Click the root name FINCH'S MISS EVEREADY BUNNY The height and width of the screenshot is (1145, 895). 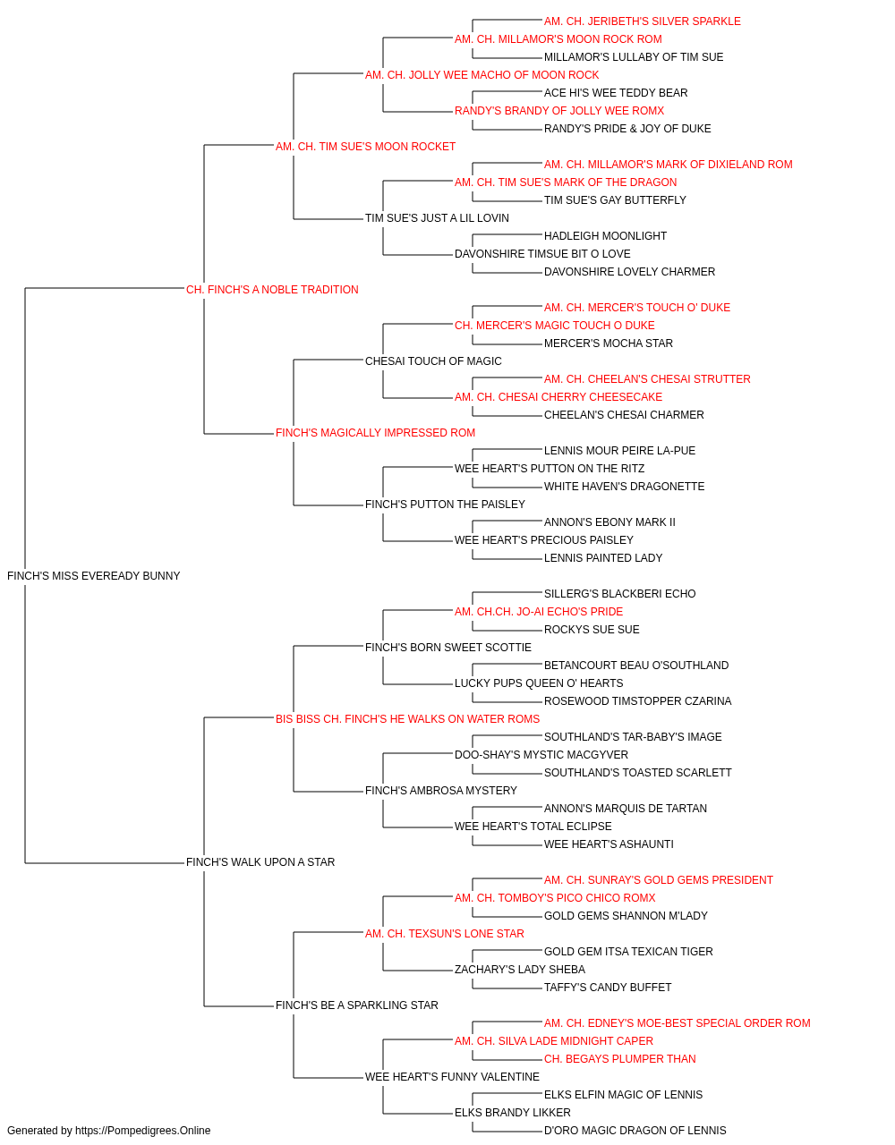93,576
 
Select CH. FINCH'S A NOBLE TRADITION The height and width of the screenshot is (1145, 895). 272,289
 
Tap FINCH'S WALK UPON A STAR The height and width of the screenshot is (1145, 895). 260,862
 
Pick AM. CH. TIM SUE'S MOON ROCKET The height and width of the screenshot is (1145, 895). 365,147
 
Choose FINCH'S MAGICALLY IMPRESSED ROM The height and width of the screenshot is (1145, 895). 375,433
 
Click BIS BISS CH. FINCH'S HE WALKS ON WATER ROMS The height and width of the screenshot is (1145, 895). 407,718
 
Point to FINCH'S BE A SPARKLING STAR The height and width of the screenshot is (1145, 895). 357,1005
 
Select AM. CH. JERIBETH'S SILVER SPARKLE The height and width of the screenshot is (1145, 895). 642,21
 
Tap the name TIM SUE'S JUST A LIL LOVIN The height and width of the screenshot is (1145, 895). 437,217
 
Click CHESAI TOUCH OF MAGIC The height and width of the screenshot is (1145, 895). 433,360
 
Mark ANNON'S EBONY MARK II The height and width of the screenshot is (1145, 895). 609,522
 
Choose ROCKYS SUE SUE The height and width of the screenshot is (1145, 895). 592,629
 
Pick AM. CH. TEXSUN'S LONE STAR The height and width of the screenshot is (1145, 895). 444,934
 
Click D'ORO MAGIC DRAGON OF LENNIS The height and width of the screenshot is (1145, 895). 635,1131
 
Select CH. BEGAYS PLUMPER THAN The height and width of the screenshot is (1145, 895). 620,1058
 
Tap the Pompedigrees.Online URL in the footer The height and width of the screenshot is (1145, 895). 142,1131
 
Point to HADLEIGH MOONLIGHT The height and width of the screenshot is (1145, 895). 605,235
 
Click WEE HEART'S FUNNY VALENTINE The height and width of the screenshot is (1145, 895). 452,1076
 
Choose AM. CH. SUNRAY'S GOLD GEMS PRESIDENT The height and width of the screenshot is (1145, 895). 659,880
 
